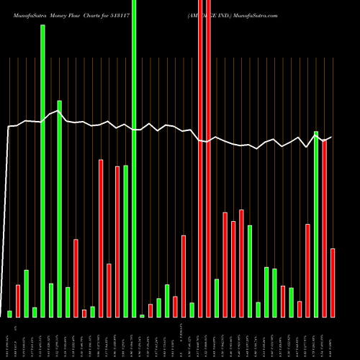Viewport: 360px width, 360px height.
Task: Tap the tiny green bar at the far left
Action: point(9,314)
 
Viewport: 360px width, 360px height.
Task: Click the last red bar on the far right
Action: point(333,282)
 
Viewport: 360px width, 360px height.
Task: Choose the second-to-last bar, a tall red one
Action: point(325,228)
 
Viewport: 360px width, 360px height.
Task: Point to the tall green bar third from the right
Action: point(316,223)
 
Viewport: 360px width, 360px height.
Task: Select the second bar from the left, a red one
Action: point(18,301)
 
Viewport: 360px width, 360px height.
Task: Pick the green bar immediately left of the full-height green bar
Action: point(125,241)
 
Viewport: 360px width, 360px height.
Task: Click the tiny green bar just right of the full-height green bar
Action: point(142,315)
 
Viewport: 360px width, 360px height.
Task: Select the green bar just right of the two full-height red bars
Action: point(217,297)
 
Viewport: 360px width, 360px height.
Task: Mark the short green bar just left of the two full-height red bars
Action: point(192,310)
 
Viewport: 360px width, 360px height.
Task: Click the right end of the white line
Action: point(331,138)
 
